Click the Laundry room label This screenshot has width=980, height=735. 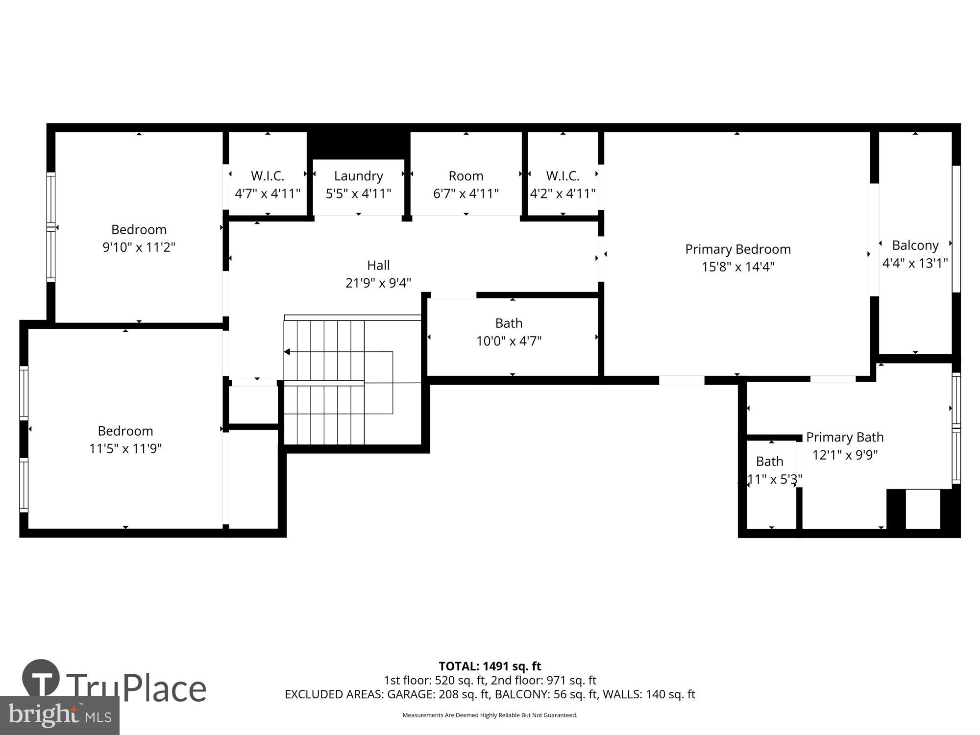click(x=358, y=176)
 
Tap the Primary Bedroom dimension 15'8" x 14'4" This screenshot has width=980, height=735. click(x=737, y=267)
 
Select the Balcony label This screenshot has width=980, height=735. click(x=915, y=245)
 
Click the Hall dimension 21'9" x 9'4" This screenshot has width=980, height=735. click(x=378, y=283)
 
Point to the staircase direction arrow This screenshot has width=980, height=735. click(x=288, y=352)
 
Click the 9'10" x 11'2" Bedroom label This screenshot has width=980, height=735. click(x=139, y=230)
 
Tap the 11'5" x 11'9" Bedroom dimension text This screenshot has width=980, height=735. click(x=125, y=449)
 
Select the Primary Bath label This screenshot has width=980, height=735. click(x=845, y=437)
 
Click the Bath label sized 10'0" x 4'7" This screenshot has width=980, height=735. click(x=509, y=323)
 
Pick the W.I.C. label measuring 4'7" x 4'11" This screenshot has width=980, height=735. click(x=267, y=176)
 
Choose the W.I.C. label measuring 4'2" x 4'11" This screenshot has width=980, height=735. click(x=563, y=176)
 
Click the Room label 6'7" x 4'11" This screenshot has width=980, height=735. click(x=465, y=176)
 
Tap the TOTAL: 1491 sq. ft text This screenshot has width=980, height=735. click(x=490, y=666)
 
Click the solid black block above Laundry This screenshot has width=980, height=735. click(x=358, y=145)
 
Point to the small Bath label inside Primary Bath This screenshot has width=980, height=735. click(x=769, y=462)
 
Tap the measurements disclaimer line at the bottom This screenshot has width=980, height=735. click(x=490, y=715)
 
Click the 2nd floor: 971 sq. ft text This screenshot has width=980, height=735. click(x=544, y=680)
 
